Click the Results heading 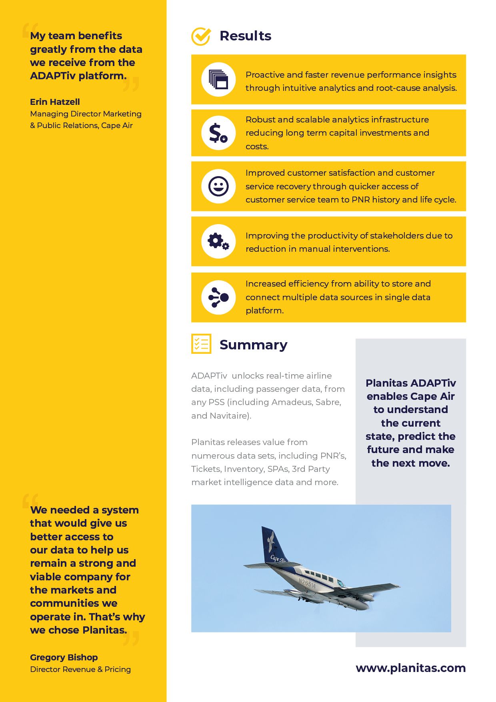245,36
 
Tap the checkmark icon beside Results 201,36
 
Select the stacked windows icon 218,79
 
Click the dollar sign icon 218,133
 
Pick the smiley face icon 218,186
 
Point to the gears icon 218,241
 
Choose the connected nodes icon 218,297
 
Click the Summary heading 253,345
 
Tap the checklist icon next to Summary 201,344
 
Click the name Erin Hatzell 55,102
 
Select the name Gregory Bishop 64,657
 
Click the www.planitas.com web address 410,668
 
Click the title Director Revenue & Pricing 80,669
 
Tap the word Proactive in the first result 264,75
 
